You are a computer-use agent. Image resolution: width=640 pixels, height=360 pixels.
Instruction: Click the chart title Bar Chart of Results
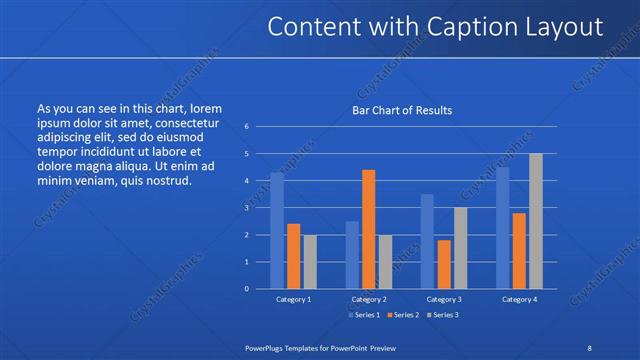coord(401,110)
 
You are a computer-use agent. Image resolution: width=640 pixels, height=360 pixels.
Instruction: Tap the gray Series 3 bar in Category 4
coord(535,221)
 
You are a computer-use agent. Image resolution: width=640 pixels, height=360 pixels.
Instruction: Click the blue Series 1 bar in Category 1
coord(277,230)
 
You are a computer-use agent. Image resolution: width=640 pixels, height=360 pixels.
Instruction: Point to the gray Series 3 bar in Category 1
coord(310,261)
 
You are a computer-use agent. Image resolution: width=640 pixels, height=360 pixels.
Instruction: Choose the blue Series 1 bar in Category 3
coord(427,241)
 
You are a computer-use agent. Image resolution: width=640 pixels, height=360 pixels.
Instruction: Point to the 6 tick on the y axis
coord(246,127)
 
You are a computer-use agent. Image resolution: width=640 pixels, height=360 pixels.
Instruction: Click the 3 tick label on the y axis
coord(246,208)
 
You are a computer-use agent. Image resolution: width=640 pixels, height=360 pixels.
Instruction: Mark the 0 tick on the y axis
coord(246,289)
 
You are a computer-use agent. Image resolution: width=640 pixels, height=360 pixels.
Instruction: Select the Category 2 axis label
coord(368,299)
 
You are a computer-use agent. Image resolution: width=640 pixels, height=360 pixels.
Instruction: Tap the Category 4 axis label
coord(519,299)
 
